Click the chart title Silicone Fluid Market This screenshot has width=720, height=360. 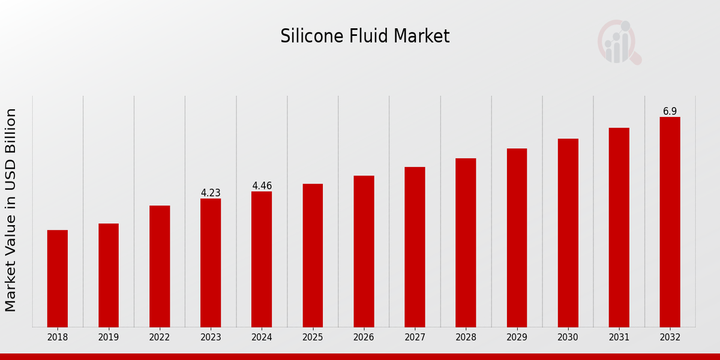(365, 37)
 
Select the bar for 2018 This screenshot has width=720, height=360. (58, 278)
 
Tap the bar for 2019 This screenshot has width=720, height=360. (109, 275)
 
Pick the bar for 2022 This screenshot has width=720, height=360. (160, 266)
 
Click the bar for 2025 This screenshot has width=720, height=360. (313, 256)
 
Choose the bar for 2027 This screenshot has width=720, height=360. (415, 247)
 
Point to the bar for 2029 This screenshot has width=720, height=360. (517, 238)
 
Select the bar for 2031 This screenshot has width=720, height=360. (619, 227)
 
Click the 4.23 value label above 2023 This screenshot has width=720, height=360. (211, 193)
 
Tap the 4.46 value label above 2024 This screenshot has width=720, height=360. (262, 186)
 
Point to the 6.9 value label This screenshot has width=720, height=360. (670, 112)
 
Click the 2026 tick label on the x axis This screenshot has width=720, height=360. (364, 338)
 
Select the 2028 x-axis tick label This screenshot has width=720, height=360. (466, 338)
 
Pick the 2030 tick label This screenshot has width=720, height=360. (568, 338)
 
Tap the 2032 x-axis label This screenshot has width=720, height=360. (670, 338)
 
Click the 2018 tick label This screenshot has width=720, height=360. (58, 338)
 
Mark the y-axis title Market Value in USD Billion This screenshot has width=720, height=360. (11, 210)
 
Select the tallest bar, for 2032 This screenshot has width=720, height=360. (670, 222)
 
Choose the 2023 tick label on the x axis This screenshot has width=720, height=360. (211, 338)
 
